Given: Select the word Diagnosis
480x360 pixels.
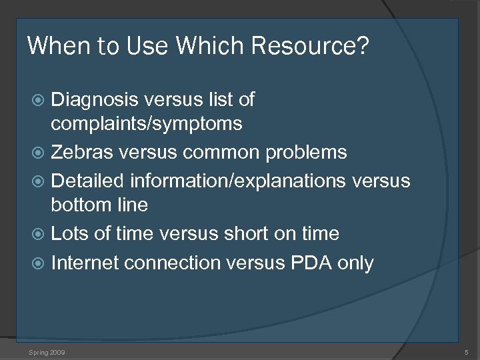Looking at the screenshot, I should pos(95,100).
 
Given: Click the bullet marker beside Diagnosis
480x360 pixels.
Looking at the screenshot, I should pos(41,101).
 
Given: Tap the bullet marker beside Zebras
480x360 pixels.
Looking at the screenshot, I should pos(41,153).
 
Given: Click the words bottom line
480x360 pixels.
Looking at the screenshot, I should pos(99,204).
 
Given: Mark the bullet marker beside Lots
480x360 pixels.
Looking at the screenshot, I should pos(41,234).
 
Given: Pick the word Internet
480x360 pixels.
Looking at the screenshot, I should pos(85,263).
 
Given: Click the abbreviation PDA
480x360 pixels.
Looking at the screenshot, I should pos(311,263).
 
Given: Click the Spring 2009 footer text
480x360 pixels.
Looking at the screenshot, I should pos(47,351).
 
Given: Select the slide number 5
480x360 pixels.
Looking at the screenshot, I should pos(465,351).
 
